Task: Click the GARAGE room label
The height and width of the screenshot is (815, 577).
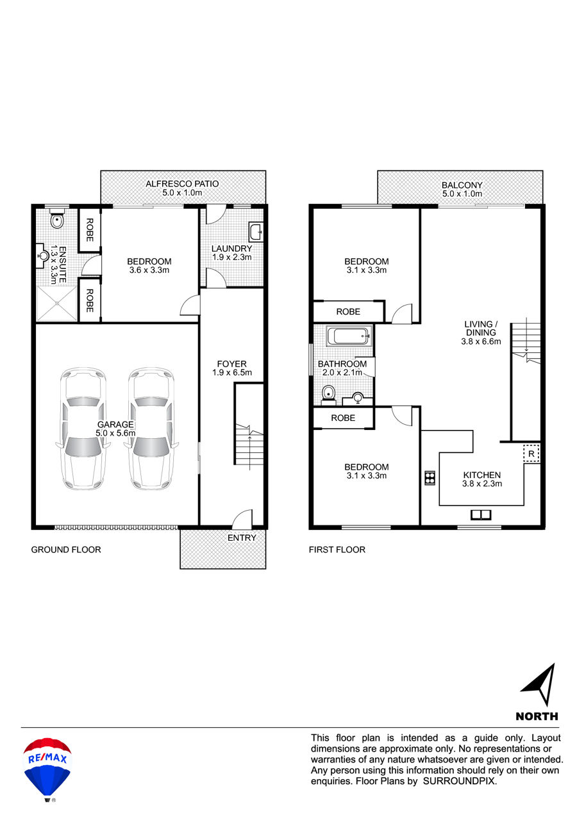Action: coord(115,424)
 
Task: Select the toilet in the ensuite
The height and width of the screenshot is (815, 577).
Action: coord(57,218)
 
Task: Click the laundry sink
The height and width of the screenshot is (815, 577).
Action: coord(256,231)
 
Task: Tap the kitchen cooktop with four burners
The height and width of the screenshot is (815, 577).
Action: coord(430,478)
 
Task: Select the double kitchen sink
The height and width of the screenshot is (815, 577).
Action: coord(481,515)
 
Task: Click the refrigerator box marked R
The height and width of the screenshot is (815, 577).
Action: coord(531,454)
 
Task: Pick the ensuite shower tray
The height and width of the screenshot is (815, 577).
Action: coord(56,304)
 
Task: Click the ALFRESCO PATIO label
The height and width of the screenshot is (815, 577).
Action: coord(182,184)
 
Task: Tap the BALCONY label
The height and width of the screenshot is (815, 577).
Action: coord(462,185)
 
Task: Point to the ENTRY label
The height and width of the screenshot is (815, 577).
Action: coord(242,538)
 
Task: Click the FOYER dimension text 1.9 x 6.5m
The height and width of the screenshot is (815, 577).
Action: coord(232,372)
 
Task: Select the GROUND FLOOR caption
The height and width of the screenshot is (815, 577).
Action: coord(66,549)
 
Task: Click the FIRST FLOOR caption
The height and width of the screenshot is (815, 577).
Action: coord(337,549)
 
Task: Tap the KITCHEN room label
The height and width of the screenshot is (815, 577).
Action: coord(482,475)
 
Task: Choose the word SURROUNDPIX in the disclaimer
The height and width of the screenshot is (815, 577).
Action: coord(460,780)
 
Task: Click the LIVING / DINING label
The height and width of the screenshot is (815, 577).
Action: coord(481,328)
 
